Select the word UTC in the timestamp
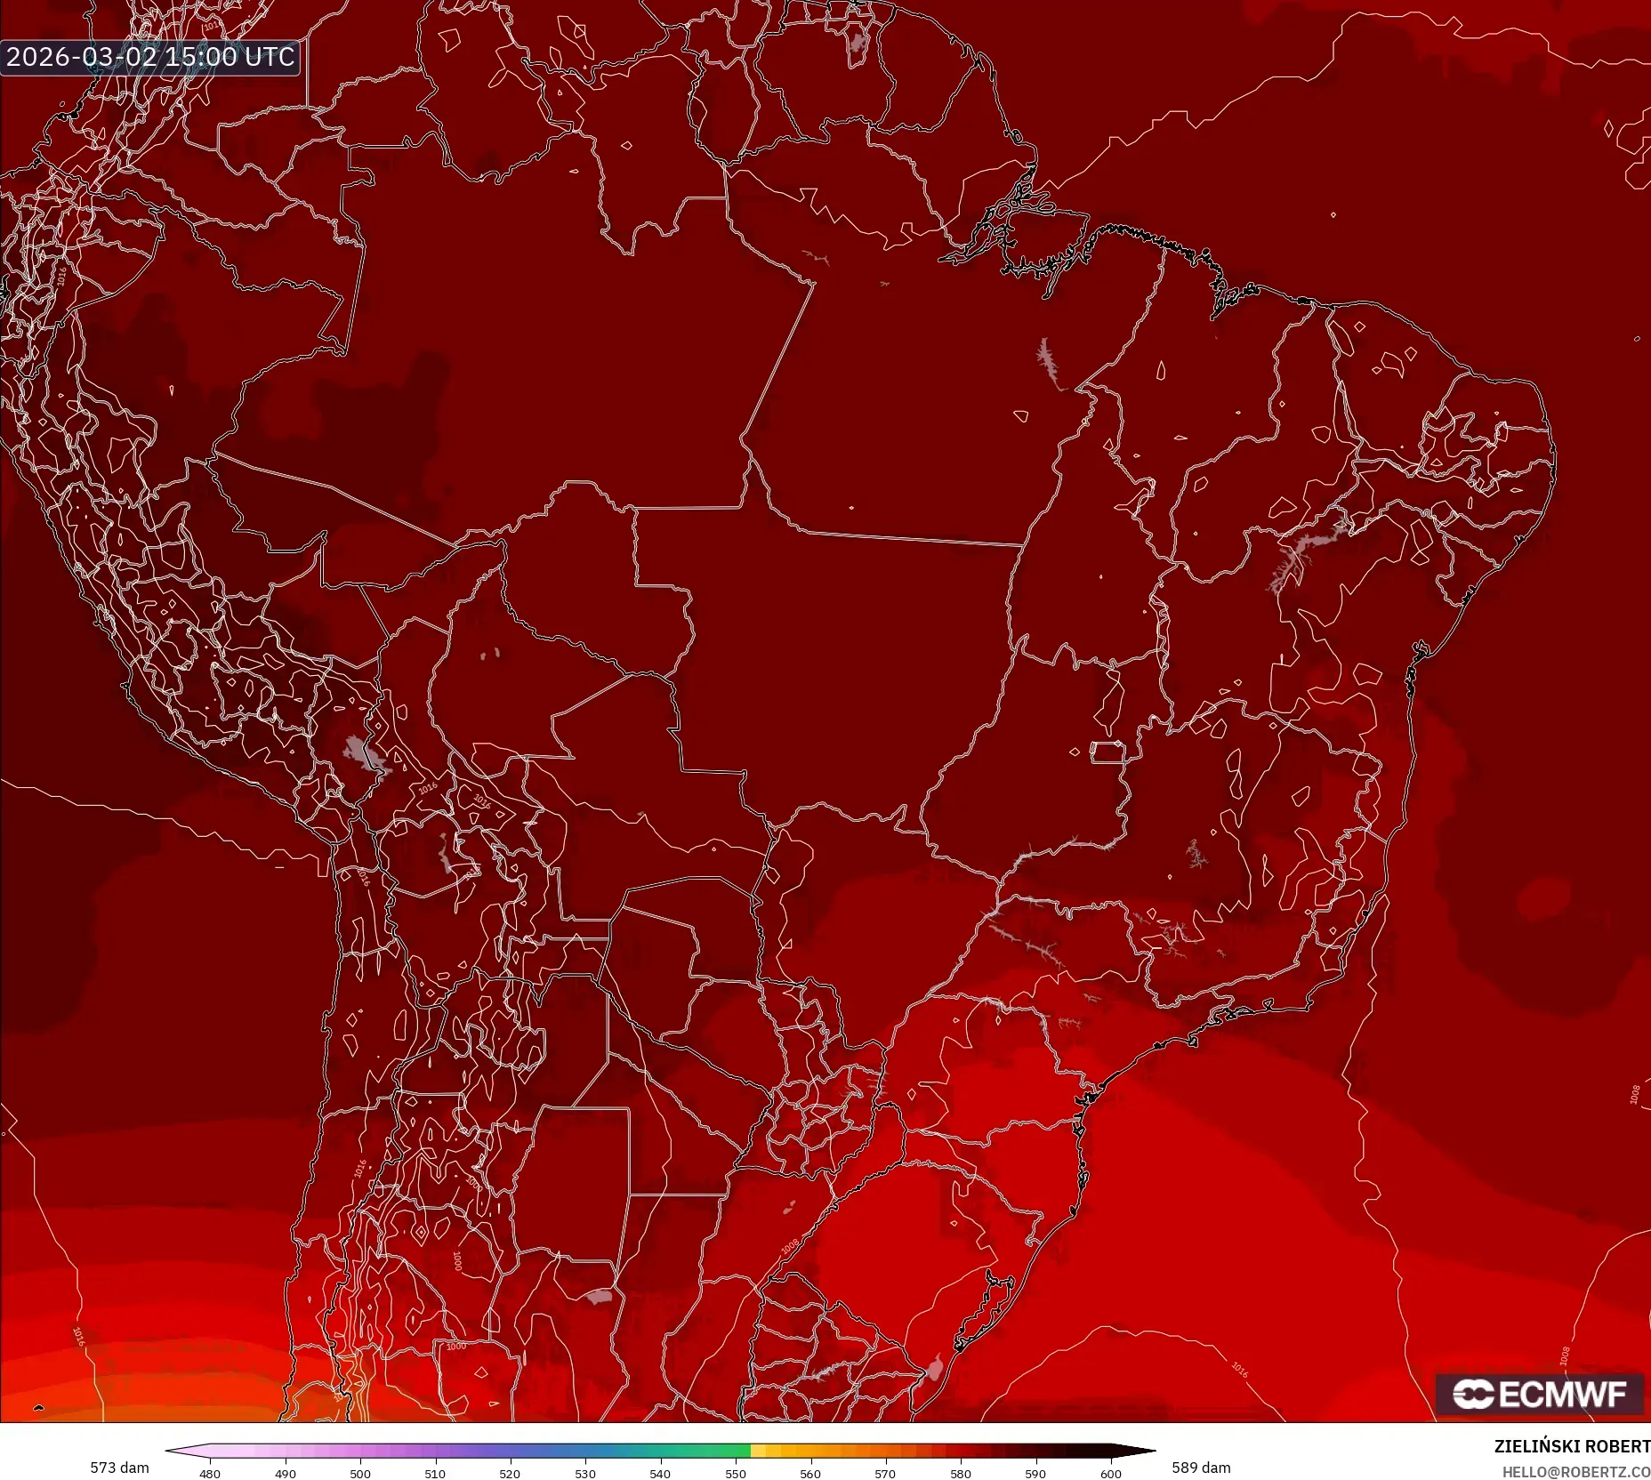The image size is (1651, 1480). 270,57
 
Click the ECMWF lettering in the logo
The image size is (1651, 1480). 1562,1395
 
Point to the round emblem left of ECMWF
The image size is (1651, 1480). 1472,1395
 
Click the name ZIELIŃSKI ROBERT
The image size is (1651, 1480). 1572,1446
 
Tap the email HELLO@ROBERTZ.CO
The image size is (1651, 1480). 1575,1472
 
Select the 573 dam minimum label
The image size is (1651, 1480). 119,1468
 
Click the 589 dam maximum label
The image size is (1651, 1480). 1201,1468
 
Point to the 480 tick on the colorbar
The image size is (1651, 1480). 210,1474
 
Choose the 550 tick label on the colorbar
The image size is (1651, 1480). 736,1474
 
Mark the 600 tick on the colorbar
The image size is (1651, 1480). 1111,1474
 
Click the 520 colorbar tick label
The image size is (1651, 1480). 510,1474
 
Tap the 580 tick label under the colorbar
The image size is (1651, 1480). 961,1474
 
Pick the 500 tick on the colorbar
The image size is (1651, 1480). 360,1474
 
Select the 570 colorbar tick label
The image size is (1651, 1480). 885,1474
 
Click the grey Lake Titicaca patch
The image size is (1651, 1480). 360,754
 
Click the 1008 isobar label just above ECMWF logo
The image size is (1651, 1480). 1565,1355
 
